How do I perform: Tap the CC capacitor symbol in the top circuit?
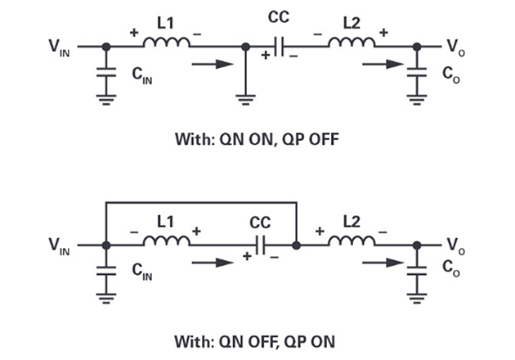pos(280,47)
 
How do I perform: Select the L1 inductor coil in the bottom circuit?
pos(167,242)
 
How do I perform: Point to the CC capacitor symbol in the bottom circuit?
pos(261,245)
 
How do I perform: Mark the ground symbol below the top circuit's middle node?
pos(245,100)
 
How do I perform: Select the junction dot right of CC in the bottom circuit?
pos(295,244)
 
